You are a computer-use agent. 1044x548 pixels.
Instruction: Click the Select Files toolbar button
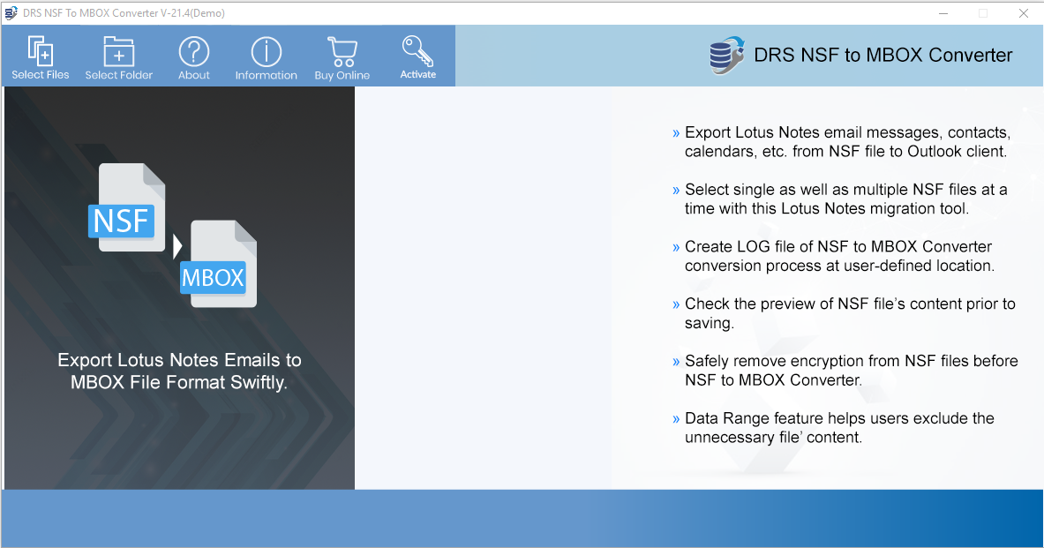[x=40, y=57]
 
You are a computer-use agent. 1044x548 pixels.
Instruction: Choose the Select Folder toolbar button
[x=118, y=57]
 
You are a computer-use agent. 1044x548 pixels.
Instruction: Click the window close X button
[x=1024, y=13]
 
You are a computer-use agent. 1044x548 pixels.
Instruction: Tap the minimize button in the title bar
[x=943, y=13]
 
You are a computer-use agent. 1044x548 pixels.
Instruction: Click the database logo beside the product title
[x=726, y=56]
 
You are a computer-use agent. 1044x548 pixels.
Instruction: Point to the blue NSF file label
[x=121, y=221]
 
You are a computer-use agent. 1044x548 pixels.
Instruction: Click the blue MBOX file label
[x=213, y=278]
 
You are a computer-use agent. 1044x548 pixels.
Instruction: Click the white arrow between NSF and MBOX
[x=177, y=246]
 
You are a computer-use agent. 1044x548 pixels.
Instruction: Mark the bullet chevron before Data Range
[x=676, y=419]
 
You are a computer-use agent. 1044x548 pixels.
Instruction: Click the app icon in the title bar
[x=11, y=12]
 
